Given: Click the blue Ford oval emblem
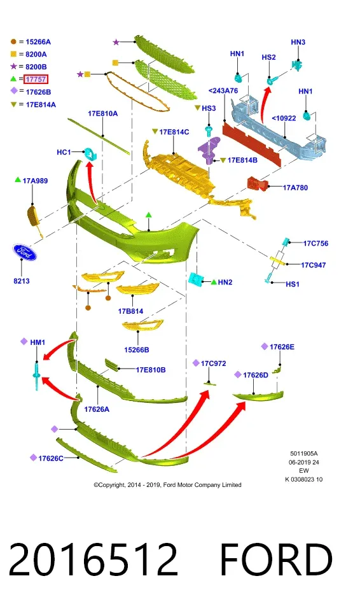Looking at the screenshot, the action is tap(25, 253).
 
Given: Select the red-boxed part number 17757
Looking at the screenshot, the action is tap(36, 79).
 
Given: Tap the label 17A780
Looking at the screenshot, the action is tap(295, 187).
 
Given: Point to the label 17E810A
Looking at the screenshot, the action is tap(102, 113).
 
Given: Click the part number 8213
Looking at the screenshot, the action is tap(22, 281).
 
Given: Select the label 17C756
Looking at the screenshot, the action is tap(315, 243).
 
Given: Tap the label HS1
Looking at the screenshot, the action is tap(292, 284).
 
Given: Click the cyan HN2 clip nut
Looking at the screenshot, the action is tap(195, 279).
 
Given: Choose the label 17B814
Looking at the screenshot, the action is tap(130, 311).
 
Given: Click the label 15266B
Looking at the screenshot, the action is tap(136, 349).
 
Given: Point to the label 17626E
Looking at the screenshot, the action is tap(282, 347).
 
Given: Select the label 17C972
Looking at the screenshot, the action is tap(213, 363).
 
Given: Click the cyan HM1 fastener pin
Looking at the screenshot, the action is tap(37, 376).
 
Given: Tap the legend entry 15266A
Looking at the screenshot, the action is tap(38, 42).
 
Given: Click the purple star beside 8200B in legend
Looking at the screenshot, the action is tap(13, 66).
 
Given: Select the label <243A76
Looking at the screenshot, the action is tap(223, 90).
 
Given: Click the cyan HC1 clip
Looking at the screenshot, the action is tap(91, 154).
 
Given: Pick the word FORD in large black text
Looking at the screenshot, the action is tap(276, 559).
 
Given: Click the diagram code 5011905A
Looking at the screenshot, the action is tap(304, 454).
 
